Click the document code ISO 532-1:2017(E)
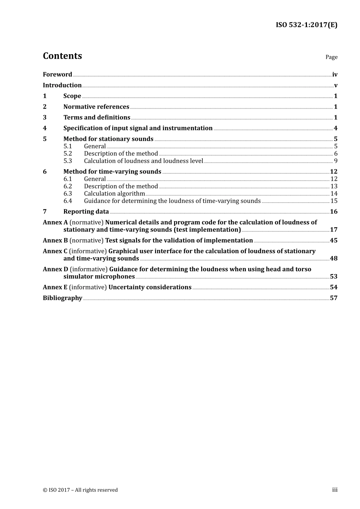coord(306,25)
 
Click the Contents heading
coord(62,56)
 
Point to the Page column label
coord(331,57)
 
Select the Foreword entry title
coord(57,75)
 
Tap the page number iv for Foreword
coord(335,75)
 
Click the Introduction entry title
coord(62,85)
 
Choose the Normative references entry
coord(96,107)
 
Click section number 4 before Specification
coord(45,128)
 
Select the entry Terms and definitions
coord(97,117)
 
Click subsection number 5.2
coord(68,154)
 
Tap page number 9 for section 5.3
coord(335,161)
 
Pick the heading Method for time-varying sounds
coord(112,172)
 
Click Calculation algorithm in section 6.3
coord(114,194)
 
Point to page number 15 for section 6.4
coord(334,201)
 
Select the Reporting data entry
coord(86,212)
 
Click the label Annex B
coord(55,240)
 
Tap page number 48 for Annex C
coord(333,259)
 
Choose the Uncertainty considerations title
coord(150,287)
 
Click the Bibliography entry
coord(63,298)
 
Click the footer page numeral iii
coord(335,490)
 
